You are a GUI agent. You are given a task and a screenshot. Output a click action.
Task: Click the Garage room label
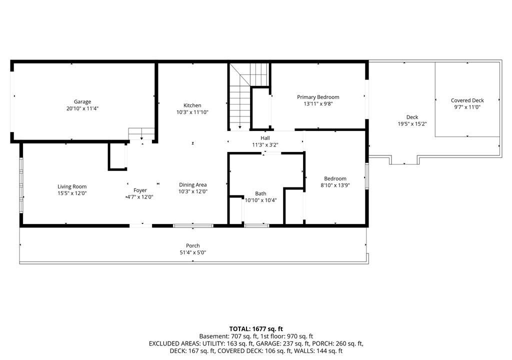point(82,101)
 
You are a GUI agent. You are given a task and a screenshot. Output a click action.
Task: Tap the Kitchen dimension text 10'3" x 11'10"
point(192,112)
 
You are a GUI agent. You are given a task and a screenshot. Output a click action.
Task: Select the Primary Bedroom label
point(318,97)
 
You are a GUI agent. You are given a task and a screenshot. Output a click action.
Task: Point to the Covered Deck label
point(467,100)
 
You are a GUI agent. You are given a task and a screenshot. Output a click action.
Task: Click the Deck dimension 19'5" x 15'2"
point(412,124)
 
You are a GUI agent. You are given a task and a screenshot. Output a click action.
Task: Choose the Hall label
point(265,138)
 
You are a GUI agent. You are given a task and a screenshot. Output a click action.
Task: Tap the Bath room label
point(260,193)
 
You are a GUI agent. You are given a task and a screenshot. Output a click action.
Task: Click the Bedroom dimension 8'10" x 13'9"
point(335,185)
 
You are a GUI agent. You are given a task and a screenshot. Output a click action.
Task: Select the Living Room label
point(72,186)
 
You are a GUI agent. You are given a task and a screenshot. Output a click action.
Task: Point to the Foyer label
point(140,190)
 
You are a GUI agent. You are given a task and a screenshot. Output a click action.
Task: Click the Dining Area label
point(192,184)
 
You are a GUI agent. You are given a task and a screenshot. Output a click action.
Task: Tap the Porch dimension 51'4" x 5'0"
point(193,252)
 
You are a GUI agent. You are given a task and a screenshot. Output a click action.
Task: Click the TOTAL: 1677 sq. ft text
point(256,329)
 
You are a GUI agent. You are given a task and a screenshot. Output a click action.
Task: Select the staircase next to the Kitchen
point(249,96)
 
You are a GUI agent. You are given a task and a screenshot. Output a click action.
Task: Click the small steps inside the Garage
point(141,134)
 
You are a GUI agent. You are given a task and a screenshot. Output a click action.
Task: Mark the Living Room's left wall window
point(21,185)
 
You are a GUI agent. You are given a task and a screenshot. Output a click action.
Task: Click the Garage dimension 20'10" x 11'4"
point(82,108)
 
